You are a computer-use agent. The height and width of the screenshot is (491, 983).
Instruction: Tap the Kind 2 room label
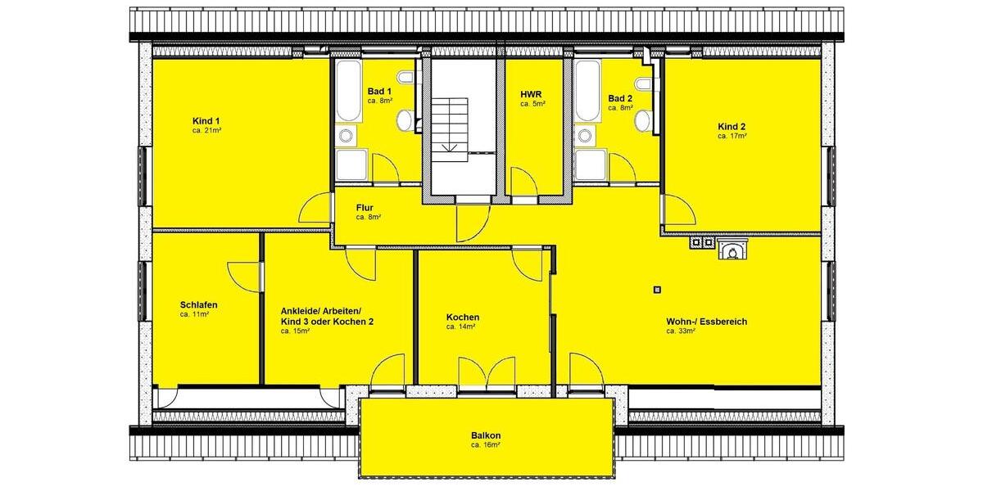coord(731,126)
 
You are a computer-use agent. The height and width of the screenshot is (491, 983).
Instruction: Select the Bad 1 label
coord(379,91)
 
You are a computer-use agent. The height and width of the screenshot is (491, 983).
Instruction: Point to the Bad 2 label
coord(620,98)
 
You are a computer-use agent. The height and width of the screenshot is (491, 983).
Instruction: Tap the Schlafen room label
coord(198,304)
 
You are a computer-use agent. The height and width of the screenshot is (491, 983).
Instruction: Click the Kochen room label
coord(463,317)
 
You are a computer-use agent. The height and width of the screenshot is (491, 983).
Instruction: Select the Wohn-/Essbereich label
coord(706,322)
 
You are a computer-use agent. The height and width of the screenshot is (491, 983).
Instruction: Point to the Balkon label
coord(486,435)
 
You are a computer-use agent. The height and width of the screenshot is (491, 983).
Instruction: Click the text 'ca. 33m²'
coord(681,331)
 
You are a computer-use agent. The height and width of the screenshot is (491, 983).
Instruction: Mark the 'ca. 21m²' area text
coord(208,130)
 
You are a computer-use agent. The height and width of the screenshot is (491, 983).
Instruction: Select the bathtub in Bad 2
coord(587,91)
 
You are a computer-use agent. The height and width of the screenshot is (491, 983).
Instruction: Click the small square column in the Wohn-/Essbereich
coord(657,288)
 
